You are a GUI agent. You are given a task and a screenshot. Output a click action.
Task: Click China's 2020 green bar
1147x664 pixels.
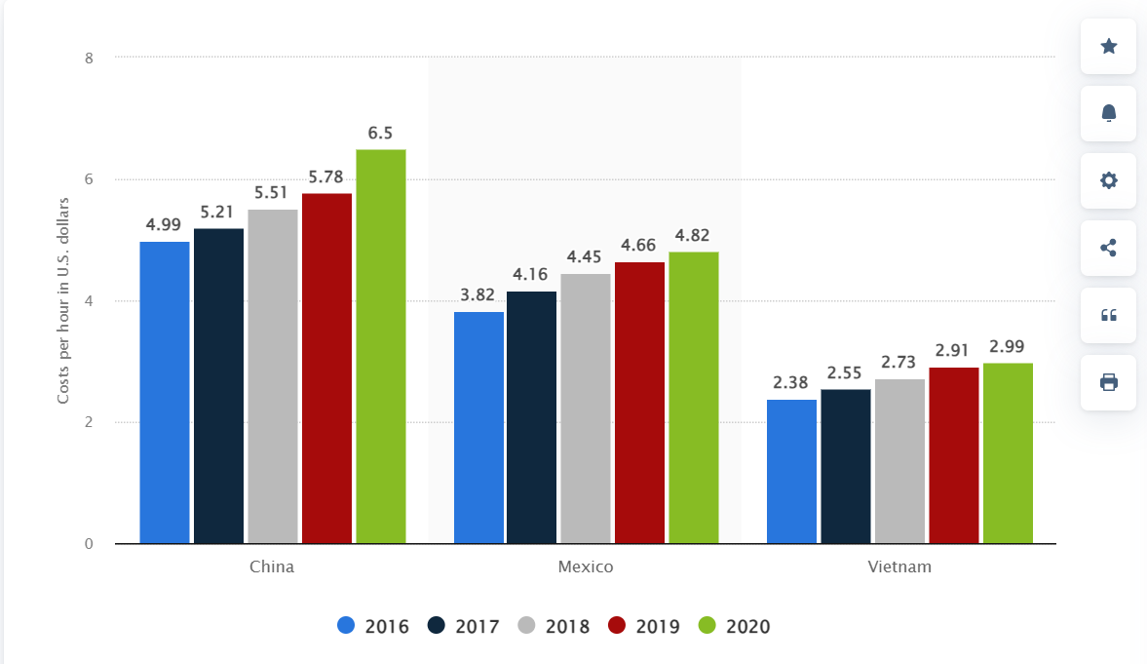click(x=380, y=346)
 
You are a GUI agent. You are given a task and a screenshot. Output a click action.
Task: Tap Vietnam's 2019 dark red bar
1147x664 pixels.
click(x=953, y=455)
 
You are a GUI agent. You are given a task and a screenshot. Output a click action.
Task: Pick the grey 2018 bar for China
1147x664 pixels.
click(x=272, y=376)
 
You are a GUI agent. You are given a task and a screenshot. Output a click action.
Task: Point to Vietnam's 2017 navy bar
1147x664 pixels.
click(x=845, y=466)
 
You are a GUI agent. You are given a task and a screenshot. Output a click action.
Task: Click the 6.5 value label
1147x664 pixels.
click(x=380, y=133)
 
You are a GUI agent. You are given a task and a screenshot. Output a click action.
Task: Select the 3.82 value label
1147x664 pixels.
click(x=478, y=294)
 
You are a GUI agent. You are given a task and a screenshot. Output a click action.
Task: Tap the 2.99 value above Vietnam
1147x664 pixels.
click(x=1007, y=346)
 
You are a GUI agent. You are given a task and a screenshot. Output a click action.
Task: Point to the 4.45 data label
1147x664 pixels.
click(x=586, y=256)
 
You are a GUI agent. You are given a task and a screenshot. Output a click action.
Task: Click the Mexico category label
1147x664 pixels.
click(x=586, y=566)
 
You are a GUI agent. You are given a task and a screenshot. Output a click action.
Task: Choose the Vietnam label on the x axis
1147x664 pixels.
click(x=899, y=566)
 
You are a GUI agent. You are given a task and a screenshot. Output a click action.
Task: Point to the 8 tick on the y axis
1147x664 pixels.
click(x=89, y=58)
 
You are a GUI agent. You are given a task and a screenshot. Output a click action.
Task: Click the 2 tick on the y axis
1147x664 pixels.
click(x=89, y=422)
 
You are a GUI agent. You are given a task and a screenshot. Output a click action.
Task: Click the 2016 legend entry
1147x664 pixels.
click(x=374, y=626)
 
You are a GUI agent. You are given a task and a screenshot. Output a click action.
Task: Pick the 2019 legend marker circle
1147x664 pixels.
click(x=617, y=626)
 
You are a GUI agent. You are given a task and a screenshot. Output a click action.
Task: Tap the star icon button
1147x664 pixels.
click(x=1108, y=46)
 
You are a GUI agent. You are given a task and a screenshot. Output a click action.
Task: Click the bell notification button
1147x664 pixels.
click(x=1108, y=113)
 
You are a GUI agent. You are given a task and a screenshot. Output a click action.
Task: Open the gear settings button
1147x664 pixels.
click(x=1108, y=180)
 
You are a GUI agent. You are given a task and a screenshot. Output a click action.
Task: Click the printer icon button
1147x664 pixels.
click(x=1108, y=382)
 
